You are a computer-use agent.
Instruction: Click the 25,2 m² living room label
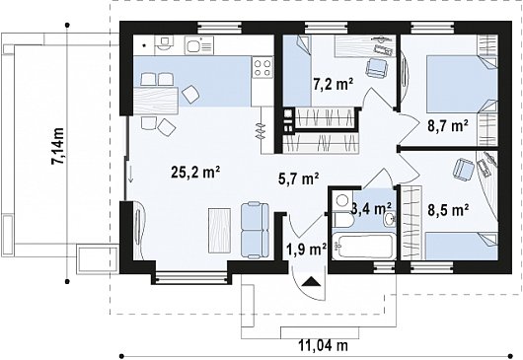tap(195, 173)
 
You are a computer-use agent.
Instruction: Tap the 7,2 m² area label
tap(333, 84)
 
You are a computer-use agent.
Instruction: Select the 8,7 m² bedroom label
tap(448, 126)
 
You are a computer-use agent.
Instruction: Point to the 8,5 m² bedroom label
tap(449, 210)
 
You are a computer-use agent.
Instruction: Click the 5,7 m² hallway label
tap(298, 179)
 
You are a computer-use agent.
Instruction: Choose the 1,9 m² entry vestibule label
tap(307, 249)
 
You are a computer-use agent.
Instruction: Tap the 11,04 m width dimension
tap(323, 345)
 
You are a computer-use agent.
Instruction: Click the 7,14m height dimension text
tap(58, 146)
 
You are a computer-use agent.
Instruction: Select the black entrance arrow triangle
tap(311, 282)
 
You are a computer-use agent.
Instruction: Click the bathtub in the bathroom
tap(364, 247)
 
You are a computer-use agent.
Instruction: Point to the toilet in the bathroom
tap(342, 220)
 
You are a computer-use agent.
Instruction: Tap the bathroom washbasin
tap(389, 219)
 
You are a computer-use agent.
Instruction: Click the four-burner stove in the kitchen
tap(261, 67)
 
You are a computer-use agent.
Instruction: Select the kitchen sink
tap(195, 45)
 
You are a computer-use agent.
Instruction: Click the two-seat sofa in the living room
tap(255, 230)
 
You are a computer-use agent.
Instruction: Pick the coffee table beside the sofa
tap(220, 231)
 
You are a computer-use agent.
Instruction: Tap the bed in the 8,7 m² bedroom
tap(462, 84)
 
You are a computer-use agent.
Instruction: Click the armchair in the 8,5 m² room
tap(464, 169)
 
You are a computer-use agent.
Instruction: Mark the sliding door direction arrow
tap(131, 174)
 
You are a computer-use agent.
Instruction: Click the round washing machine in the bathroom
tap(342, 200)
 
